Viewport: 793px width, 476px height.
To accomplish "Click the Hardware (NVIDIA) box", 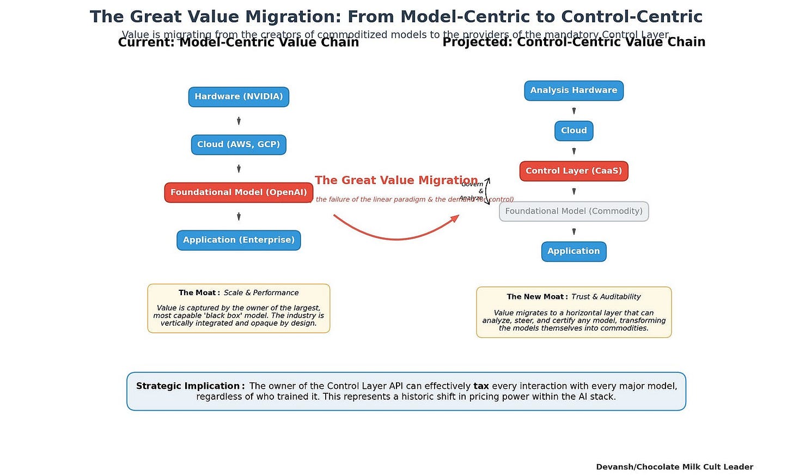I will pyautogui.click(x=239, y=97).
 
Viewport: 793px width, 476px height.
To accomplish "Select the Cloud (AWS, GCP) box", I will pyautogui.click(x=239, y=145).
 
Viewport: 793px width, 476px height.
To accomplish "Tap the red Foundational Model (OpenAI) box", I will pyautogui.click(x=239, y=192).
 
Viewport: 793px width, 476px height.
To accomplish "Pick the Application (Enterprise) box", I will pyautogui.click(x=239, y=240).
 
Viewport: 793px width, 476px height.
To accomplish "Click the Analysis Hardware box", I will pyautogui.click(x=574, y=90).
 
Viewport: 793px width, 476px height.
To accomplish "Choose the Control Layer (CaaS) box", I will pyautogui.click(x=574, y=171).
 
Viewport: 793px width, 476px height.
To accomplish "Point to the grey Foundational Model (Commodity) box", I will pyautogui.click(x=574, y=211).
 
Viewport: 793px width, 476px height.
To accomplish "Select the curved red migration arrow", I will pyautogui.click(x=396, y=235).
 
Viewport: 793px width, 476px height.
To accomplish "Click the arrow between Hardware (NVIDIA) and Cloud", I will pyautogui.click(x=239, y=121).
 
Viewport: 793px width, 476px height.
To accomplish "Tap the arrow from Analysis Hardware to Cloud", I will pyautogui.click(x=574, y=111).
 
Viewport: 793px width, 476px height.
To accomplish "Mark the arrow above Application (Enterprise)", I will pyautogui.click(x=239, y=217).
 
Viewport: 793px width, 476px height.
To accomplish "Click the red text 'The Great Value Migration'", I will pyautogui.click(x=396, y=180).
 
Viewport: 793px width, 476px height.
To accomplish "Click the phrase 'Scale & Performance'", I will pyautogui.click(x=261, y=293).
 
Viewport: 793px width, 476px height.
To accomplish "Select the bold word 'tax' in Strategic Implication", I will pyautogui.click(x=481, y=386).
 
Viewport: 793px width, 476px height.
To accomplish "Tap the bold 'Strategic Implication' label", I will pyautogui.click(x=188, y=386).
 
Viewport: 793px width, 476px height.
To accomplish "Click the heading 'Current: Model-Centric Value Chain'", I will pyautogui.click(x=239, y=42).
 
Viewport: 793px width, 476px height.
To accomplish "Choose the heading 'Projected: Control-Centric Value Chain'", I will pyautogui.click(x=574, y=42).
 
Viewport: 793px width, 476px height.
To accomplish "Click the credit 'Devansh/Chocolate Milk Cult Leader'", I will pyautogui.click(x=674, y=467).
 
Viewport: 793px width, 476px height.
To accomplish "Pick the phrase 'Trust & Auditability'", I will pyautogui.click(x=606, y=297).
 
